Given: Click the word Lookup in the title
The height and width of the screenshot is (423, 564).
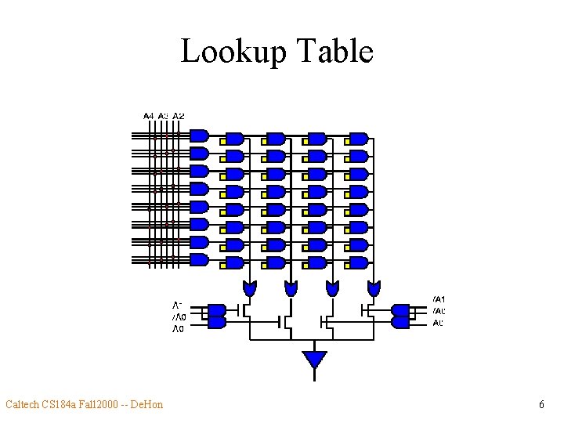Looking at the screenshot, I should [228, 52].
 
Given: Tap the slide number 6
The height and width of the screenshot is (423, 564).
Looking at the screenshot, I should [541, 405].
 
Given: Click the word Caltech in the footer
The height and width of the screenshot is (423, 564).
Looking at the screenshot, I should [24, 405].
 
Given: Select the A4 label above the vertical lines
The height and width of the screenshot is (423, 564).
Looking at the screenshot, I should [149, 116].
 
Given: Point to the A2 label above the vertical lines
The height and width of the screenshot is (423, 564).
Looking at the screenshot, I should [179, 116].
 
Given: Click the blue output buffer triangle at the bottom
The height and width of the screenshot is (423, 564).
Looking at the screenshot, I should [314, 360].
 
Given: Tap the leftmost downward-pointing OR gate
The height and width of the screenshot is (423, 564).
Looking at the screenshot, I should [250, 288].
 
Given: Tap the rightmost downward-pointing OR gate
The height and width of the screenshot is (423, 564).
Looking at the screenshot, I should [374, 288].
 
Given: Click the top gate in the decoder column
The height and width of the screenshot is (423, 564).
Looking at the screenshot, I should [199, 136].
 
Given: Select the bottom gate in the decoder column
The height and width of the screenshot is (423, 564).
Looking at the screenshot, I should [199, 260].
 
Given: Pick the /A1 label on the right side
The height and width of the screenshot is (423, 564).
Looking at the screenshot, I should [439, 299].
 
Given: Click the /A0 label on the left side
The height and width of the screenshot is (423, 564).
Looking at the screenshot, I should [179, 317].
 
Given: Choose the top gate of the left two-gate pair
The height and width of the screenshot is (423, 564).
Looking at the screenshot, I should [216, 310].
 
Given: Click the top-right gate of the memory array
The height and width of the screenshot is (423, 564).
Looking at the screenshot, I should [359, 138].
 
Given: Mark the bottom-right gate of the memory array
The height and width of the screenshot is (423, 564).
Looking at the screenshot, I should [359, 262].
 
